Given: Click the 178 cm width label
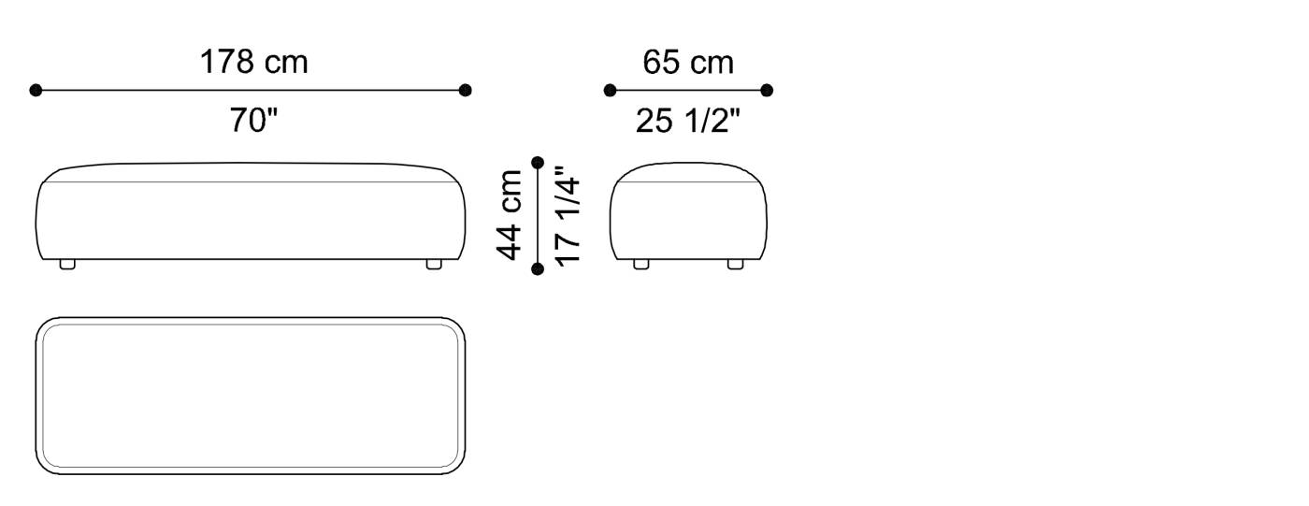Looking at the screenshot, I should (253, 63).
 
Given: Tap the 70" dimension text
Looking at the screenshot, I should (254, 121).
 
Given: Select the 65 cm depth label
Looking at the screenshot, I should (688, 63).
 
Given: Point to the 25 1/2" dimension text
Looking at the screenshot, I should (688, 121).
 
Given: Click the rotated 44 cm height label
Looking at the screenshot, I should (510, 215).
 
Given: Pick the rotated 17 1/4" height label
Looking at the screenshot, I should (568, 215).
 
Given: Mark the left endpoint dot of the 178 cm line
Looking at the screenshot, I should (36, 91).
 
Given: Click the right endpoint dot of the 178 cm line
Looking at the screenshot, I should (466, 91).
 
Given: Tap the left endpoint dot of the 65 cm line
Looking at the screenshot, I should (610, 91).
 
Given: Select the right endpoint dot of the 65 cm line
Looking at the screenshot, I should (767, 91).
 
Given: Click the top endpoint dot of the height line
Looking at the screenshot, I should (538, 163).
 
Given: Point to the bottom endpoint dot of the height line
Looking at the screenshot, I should (538, 269).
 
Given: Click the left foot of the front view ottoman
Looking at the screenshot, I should (67, 265).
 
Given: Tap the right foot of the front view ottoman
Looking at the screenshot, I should (434, 265).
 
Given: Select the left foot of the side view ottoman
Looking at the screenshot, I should (641, 265).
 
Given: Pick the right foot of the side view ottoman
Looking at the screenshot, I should (736, 265).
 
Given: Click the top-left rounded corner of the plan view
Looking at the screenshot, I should (45, 326).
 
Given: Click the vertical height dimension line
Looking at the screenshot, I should (538, 216).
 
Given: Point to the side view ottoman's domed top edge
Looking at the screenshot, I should (688, 164).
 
